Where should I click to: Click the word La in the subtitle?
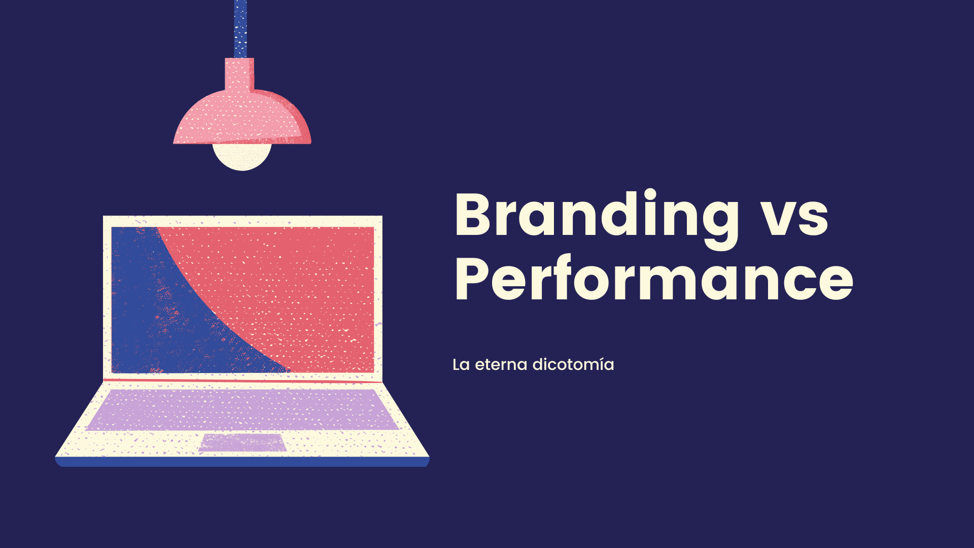[461, 365]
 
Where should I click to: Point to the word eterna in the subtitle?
[501, 365]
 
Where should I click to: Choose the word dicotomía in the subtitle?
[573, 364]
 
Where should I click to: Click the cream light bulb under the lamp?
[242, 157]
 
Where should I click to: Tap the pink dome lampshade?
[242, 117]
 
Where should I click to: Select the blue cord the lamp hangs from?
[240, 29]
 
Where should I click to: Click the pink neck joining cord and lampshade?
[239, 74]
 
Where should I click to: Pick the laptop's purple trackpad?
[242, 442]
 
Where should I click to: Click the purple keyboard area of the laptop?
[242, 409]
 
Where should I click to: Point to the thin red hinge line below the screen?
[242, 380]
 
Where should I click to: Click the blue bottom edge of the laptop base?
[242, 462]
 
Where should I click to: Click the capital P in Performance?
[474, 279]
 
